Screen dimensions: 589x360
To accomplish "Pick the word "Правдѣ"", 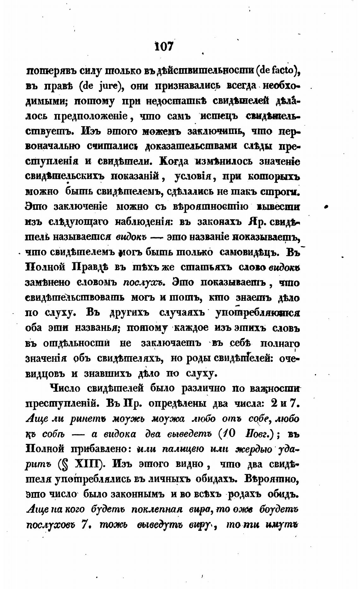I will pyautogui.click(x=90, y=267).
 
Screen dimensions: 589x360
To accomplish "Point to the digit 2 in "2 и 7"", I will pyautogui.click(x=274, y=404).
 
